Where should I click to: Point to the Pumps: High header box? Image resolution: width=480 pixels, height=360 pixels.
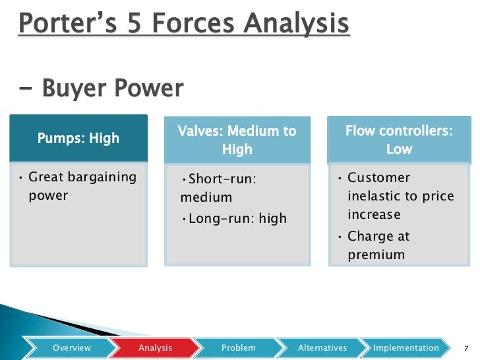click(x=78, y=138)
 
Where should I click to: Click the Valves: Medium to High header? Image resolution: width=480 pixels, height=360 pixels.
click(x=237, y=140)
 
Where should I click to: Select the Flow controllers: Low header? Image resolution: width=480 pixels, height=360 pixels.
click(x=399, y=140)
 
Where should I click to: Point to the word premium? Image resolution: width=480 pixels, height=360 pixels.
click(x=376, y=255)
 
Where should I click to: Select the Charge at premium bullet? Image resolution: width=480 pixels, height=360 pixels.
click(x=378, y=245)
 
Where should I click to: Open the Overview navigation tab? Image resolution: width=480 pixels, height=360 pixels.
click(x=72, y=347)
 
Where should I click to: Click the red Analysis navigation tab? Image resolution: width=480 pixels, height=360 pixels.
click(x=155, y=347)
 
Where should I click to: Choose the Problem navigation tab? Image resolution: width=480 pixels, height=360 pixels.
click(x=238, y=347)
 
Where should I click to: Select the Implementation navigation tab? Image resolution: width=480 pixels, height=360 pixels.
click(x=405, y=347)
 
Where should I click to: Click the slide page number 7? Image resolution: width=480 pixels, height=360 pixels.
click(x=466, y=348)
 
